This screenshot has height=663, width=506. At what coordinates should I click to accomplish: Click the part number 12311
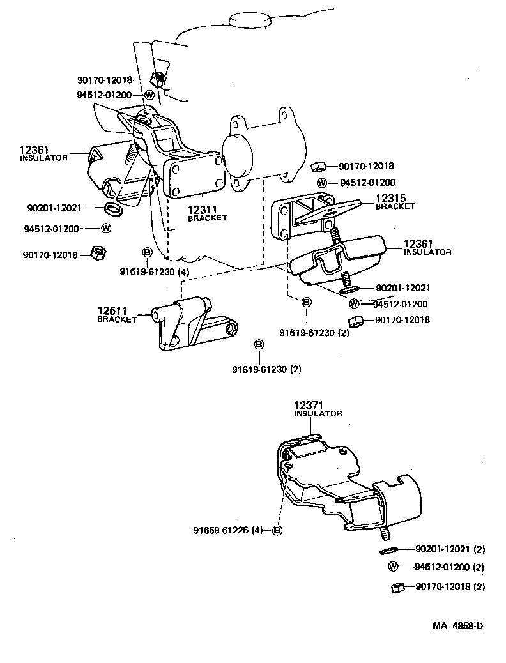[203, 209]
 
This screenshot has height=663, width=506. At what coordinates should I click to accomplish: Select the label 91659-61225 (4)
[228, 530]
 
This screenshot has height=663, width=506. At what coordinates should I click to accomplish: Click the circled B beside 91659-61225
[277, 530]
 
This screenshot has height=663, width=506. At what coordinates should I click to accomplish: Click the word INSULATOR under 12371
[318, 414]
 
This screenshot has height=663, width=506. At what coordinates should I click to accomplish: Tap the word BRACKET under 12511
[117, 319]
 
